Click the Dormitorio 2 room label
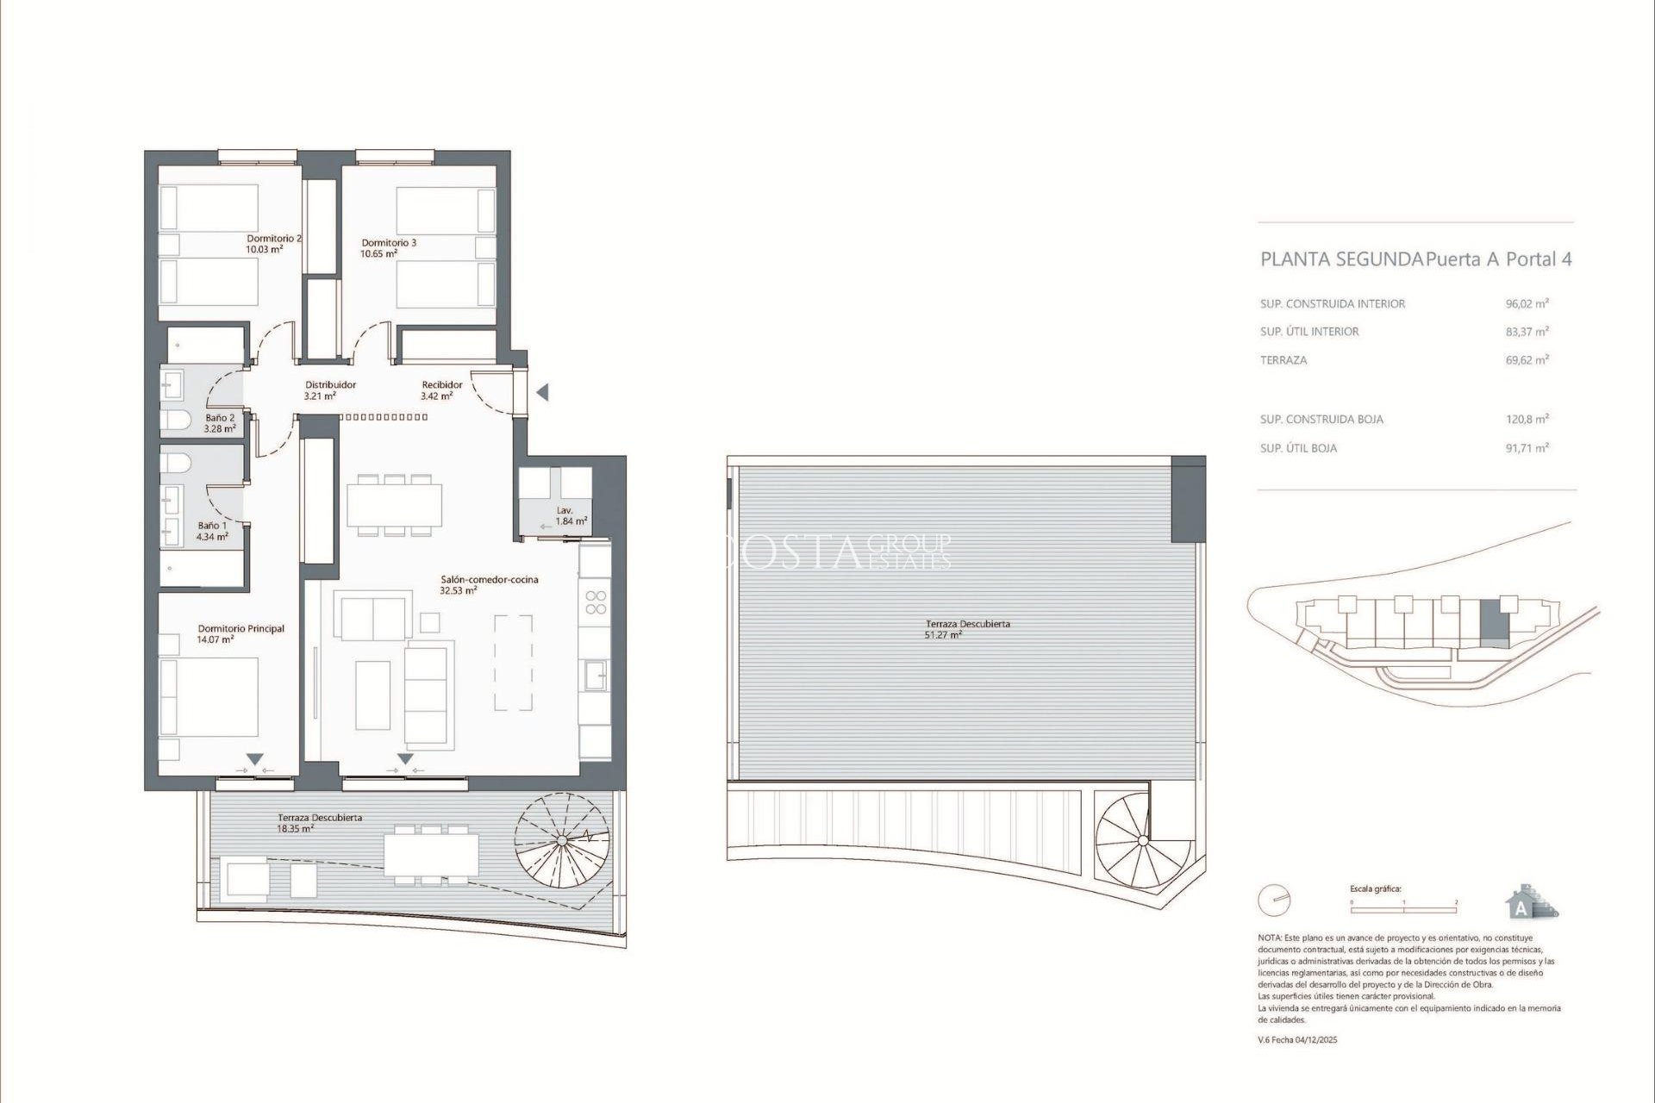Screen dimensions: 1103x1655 pos(273,239)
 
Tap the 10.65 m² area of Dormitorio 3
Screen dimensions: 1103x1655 pos(378,254)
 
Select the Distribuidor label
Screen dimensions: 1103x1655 pos(330,385)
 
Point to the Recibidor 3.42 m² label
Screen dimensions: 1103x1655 pos(441,391)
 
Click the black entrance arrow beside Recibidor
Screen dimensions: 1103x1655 pos(542,393)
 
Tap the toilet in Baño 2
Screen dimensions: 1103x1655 pos(177,421)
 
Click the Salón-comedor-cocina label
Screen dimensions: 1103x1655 pos(489,580)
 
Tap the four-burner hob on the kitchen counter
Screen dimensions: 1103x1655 pos(595,601)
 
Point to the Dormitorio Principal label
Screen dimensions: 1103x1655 pos(240,629)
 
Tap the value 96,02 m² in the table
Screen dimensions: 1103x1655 pos(1527,303)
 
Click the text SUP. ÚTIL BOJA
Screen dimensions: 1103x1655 pos(1298,448)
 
